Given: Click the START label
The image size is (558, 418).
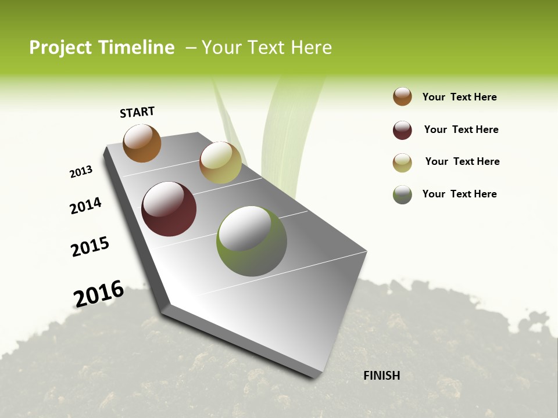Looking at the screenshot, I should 137,112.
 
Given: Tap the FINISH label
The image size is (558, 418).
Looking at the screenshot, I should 381,376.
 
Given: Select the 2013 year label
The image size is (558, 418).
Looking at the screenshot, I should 81,172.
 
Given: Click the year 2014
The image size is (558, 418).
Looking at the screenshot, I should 85,206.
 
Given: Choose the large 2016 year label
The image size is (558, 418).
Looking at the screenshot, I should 99,293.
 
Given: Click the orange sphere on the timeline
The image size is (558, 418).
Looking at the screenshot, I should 142,143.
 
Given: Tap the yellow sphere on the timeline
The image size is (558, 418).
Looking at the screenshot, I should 220,163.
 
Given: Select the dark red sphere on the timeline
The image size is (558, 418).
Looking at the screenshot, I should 169,209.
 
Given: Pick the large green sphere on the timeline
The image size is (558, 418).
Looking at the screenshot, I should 252,241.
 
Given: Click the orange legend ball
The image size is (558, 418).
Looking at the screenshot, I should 402,97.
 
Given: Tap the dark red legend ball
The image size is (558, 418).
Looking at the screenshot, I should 402,130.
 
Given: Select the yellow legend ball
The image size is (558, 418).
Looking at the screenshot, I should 402,163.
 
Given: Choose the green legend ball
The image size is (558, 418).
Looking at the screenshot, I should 402,194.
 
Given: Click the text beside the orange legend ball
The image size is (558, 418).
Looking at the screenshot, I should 459,97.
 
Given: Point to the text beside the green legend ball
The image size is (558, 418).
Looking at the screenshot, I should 459,194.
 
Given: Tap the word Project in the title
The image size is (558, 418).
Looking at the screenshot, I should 60,48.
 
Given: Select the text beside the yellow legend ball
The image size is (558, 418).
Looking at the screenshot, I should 462,161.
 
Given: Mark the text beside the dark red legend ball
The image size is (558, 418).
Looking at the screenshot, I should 461,129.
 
